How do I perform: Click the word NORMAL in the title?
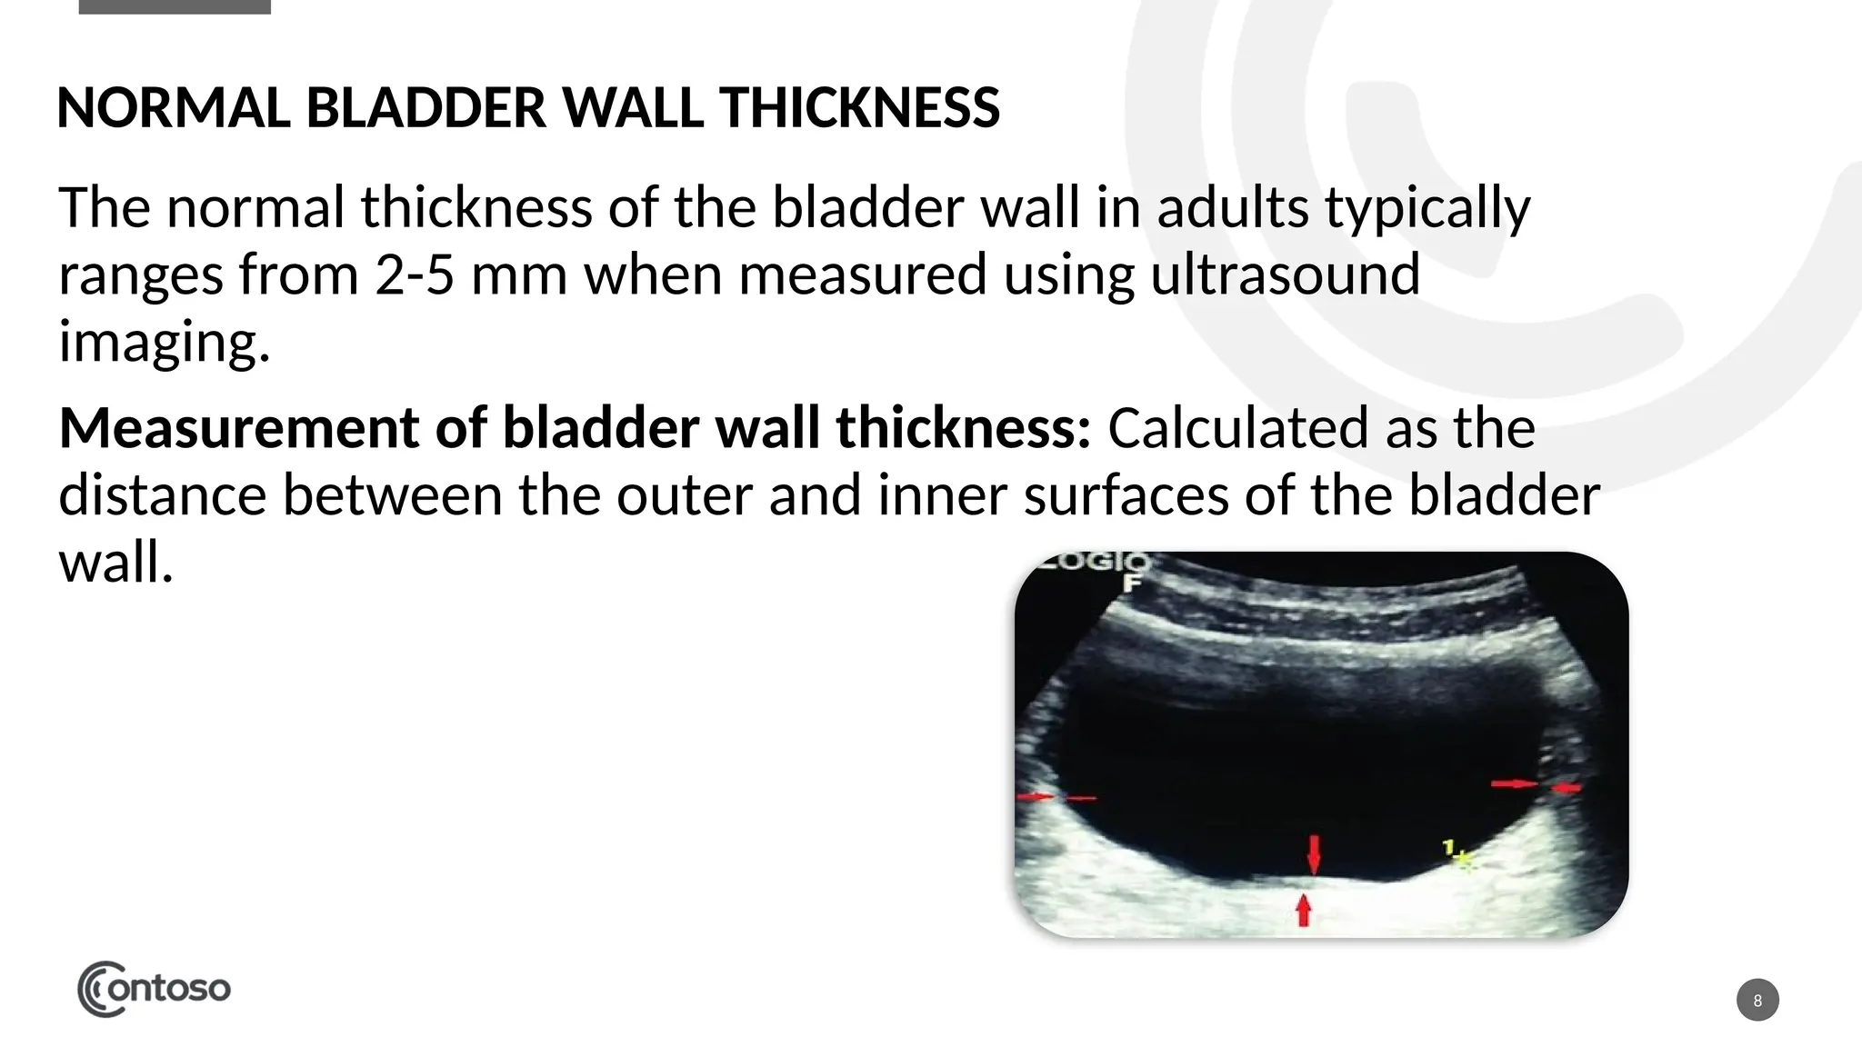coord(173,107)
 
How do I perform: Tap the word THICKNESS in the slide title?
coord(859,107)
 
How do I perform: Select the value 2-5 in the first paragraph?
coord(414,274)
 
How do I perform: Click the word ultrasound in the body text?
coord(1285,274)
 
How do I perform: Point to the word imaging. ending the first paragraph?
coord(165,342)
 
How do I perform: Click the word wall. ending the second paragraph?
coord(115,563)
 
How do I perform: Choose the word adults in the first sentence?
coord(1232,207)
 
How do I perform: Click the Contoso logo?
coord(154,989)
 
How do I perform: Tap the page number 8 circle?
coord(1757,1000)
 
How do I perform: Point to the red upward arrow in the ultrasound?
coord(1304,910)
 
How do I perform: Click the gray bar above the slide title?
coord(175,6)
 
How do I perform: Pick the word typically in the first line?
coord(1427,207)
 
